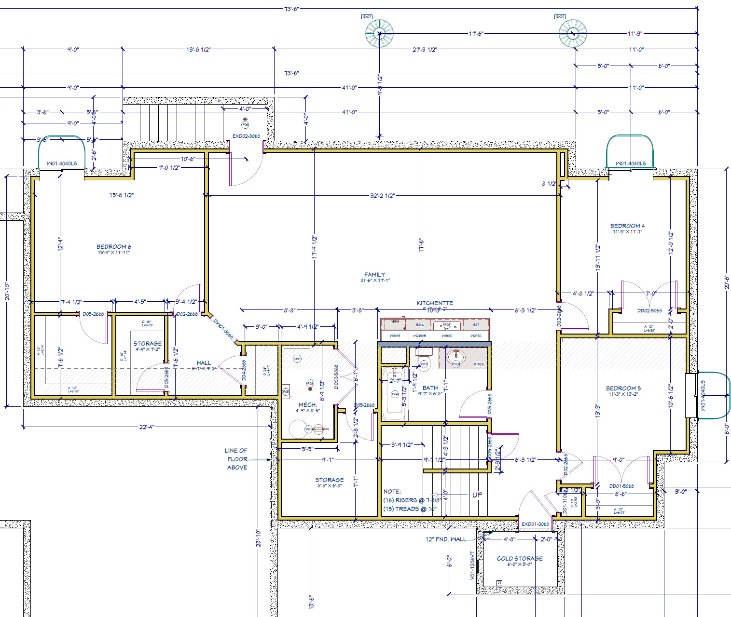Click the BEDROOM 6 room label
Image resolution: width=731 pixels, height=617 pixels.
(x=114, y=246)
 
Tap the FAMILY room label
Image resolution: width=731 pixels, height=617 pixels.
(x=375, y=274)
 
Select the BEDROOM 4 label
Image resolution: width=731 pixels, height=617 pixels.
(x=627, y=226)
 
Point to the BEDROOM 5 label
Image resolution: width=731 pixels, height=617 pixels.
(x=623, y=388)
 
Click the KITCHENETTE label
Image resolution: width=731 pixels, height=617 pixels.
(x=435, y=303)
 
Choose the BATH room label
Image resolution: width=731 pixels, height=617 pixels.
(x=430, y=388)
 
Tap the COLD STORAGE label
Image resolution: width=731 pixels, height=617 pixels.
(x=520, y=558)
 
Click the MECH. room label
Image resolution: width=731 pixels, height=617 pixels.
(x=307, y=404)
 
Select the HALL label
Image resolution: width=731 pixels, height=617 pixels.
(x=204, y=362)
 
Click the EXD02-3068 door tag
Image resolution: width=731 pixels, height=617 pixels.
(x=246, y=136)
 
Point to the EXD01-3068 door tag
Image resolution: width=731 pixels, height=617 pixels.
(x=535, y=524)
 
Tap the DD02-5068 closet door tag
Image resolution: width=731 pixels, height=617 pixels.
(x=649, y=311)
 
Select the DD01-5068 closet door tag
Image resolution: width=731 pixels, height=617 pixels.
(x=621, y=486)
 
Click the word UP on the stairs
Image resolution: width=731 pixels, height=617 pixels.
(x=477, y=495)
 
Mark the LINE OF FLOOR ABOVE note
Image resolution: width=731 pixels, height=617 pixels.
(x=236, y=459)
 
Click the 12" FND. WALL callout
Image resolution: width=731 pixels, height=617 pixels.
(x=446, y=539)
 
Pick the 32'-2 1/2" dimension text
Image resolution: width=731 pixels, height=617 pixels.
(x=382, y=196)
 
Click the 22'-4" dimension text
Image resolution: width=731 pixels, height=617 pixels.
(x=146, y=427)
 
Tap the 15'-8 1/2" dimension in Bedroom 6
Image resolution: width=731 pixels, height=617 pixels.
(x=122, y=195)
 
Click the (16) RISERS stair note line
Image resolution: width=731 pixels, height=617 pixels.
(x=412, y=500)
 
